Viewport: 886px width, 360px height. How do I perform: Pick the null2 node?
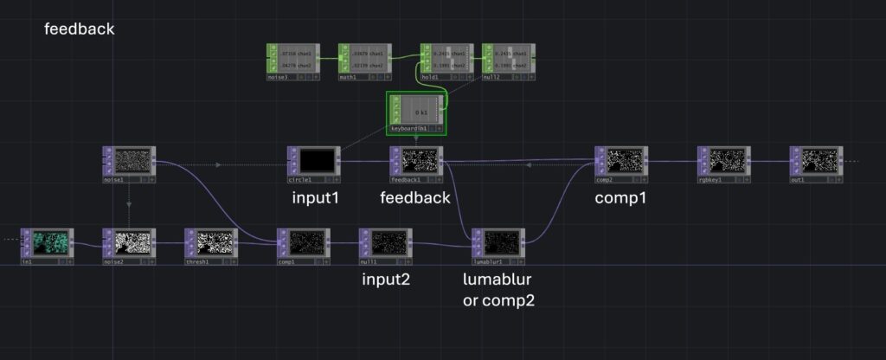[508, 58]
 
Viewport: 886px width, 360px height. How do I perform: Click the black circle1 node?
[316, 160]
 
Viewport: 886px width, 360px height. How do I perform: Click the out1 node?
[819, 160]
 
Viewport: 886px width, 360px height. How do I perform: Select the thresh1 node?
[213, 241]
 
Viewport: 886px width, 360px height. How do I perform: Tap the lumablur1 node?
[500, 241]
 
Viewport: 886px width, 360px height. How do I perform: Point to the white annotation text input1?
[314, 198]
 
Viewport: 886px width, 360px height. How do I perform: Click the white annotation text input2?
[387, 280]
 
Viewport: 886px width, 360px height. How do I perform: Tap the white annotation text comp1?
[620, 198]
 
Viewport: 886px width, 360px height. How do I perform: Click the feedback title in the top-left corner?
[79, 29]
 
